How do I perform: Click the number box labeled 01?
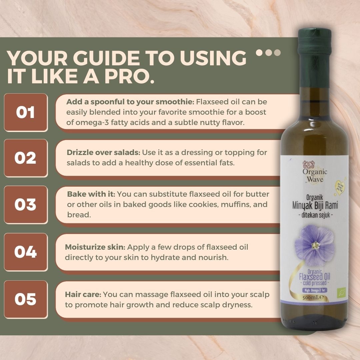tap(26, 112)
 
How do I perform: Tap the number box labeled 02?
tap(26, 158)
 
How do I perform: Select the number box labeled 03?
tap(26, 204)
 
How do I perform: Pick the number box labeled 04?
tap(26, 252)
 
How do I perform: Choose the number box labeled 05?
tap(26, 299)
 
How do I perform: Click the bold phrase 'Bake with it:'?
tap(91, 194)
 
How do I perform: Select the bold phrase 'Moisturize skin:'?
tap(95, 247)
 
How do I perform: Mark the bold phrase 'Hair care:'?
tap(83, 295)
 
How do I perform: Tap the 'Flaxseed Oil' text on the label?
tap(314, 277)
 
